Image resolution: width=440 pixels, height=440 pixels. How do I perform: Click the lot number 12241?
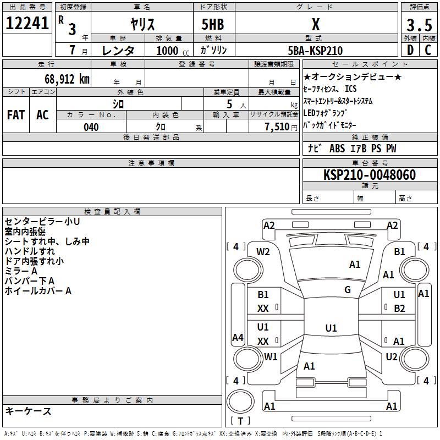pyautogui.click(x=27, y=23)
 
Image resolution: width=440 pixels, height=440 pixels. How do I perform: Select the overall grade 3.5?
pyautogui.click(x=419, y=25)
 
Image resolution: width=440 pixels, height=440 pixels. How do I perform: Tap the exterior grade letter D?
pyautogui.click(x=410, y=50)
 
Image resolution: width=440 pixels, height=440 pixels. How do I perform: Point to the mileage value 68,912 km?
pyautogui.click(x=67, y=79)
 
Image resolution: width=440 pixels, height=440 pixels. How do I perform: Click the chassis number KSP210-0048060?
pyautogui.click(x=370, y=174)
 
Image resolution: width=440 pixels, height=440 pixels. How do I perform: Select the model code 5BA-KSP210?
pyautogui.click(x=315, y=51)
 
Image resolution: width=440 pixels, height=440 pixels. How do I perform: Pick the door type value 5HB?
pyautogui.click(x=213, y=24)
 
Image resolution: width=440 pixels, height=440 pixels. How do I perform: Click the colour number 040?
pyautogui.click(x=91, y=127)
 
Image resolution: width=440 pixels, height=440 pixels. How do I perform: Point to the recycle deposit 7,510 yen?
pyautogui.click(x=281, y=127)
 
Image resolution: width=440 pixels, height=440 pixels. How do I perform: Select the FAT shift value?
pyautogui.click(x=16, y=115)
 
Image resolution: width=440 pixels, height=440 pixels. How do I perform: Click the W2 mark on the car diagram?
pyautogui.click(x=263, y=252)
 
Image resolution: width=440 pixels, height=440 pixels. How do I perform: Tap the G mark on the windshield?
pyautogui.click(x=348, y=290)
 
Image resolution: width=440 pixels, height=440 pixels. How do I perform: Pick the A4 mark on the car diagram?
pyautogui.click(x=238, y=337)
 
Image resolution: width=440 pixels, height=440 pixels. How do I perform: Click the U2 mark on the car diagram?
pyautogui.click(x=392, y=357)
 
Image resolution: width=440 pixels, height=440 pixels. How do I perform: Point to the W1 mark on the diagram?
pyautogui.click(x=271, y=356)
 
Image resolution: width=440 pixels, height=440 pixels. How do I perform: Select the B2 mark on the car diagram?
pyautogui.click(x=399, y=309)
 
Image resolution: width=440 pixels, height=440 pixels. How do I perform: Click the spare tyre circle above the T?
pyautogui.click(x=240, y=402)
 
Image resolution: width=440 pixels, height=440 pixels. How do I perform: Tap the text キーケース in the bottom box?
pyautogui.click(x=28, y=411)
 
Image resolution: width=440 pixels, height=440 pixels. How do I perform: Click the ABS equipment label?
pyautogui.click(x=337, y=148)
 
